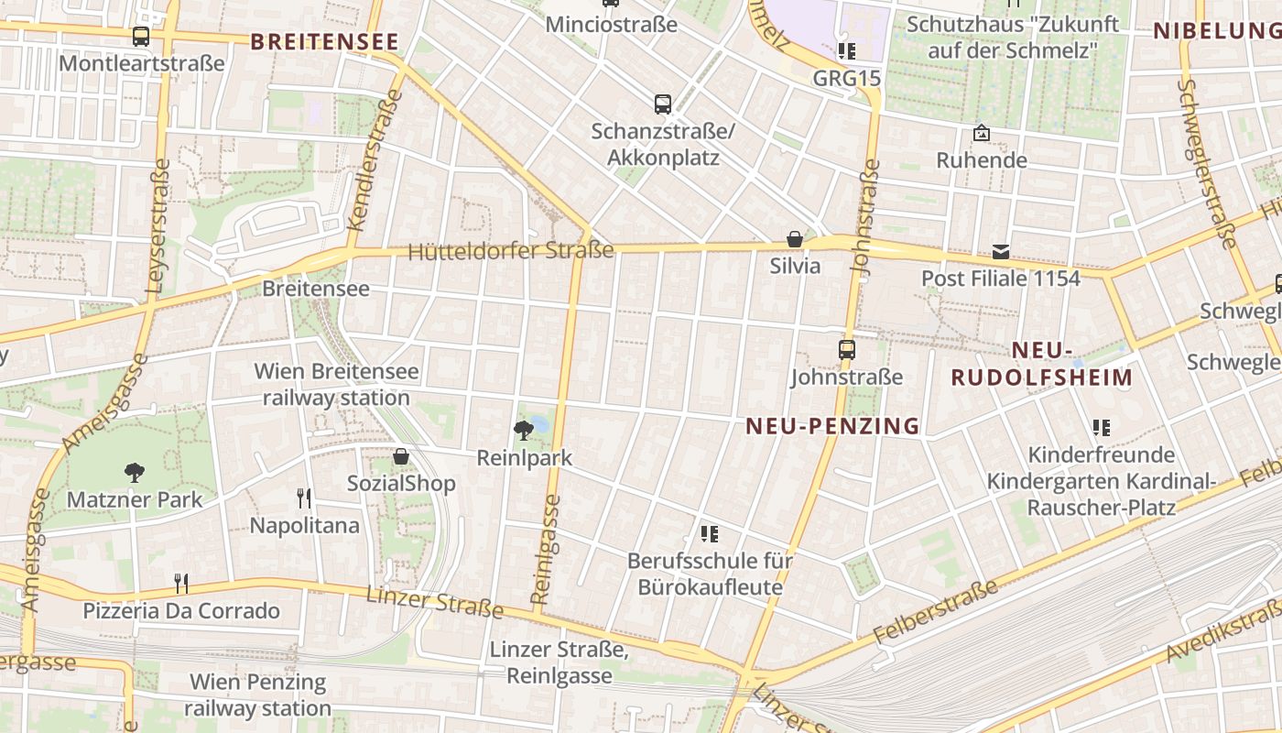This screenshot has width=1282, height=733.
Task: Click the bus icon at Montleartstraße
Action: point(140,37)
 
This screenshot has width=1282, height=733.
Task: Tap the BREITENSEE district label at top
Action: point(324,41)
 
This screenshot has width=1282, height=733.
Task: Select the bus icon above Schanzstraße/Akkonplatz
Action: point(663,104)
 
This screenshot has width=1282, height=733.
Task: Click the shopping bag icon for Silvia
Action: point(795,239)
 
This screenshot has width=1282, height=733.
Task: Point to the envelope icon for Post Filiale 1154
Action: point(1001,251)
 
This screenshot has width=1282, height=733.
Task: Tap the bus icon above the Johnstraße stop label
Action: point(847,349)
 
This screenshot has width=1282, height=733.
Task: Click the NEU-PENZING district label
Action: point(832,425)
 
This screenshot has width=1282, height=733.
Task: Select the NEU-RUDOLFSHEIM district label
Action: point(1042,364)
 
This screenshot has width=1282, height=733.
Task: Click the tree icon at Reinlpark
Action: point(524,429)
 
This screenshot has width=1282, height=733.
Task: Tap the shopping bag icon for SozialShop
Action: point(401,455)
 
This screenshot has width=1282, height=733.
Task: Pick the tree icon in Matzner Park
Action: point(135,473)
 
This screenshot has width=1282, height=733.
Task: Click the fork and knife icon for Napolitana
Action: point(304,498)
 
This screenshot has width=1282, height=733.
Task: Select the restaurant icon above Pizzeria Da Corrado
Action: point(181,583)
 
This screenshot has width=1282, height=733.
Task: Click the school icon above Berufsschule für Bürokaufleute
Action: point(710,533)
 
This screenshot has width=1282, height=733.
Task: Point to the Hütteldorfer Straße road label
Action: point(511,250)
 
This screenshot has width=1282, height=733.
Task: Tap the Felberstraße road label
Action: point(935,611)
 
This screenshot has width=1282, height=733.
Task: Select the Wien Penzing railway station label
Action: point(257,695)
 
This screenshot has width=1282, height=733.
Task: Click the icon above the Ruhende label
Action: point(982,134)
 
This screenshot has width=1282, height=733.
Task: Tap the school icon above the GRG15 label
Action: point(846,50)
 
